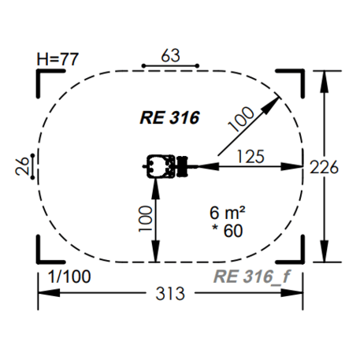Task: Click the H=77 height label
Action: pos(58,59)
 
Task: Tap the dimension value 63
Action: pos(171,55)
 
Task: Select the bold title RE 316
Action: pos(170,117)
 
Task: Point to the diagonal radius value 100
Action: pos(241,119)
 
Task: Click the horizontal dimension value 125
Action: pos(251,157)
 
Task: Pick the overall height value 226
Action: pos(324,167)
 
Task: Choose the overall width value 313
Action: pos(170,294)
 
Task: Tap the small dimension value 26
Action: pos(22,166)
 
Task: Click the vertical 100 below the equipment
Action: pos(146,219)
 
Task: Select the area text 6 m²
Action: pos(228,213)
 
